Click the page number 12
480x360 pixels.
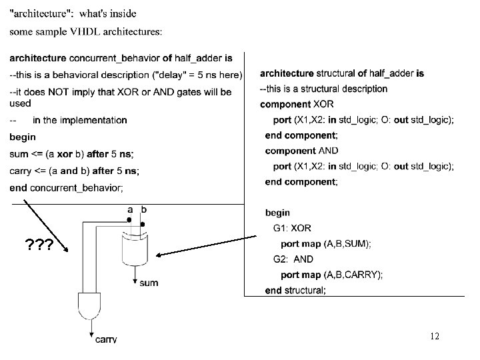coord(434,337)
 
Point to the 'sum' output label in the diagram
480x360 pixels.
coord(149,283)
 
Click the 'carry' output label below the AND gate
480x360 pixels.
coord(105,339)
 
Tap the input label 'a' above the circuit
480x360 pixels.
coord(130,210)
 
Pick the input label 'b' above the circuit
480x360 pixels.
coord(144,210)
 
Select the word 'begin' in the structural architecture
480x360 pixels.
coord(277,213)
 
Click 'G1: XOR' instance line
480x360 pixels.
coord(292,229)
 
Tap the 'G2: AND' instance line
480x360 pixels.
coord(293,259)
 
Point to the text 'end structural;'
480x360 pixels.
coord(295,290)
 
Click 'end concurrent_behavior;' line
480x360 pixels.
coord(67,187)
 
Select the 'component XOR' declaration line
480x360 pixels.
coord(297,105)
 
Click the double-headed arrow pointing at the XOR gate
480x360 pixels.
coord(207,245)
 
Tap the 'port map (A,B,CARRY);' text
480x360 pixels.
coord(332,275)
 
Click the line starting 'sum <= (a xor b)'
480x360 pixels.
coord(72,155)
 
